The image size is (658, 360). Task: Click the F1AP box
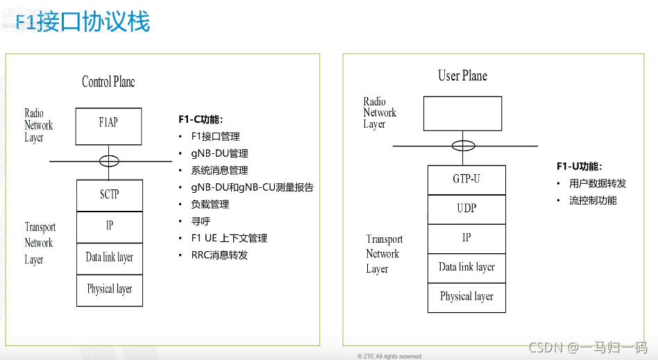point(109,126)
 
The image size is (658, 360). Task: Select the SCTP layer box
point(109,195)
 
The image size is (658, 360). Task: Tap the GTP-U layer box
point(466,180)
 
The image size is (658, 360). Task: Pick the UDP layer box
point(466,209)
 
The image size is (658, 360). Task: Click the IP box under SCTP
point(109,226)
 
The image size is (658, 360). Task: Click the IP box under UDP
point(466,238)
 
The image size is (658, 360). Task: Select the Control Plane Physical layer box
point(109,290)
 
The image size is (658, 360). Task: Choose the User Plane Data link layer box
point(466,267)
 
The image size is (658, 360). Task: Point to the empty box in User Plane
point(462,113)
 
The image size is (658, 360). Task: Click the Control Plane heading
point(108,82)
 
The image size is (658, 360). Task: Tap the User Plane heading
point(462,76)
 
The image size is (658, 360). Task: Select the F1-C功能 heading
point(201,119)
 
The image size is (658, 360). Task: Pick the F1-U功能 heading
point(579,166)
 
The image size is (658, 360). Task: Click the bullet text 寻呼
point(201,221)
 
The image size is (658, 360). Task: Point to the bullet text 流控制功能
point(593,200)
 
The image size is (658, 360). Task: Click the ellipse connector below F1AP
point(109,161)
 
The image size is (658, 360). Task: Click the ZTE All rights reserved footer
point(390,357)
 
